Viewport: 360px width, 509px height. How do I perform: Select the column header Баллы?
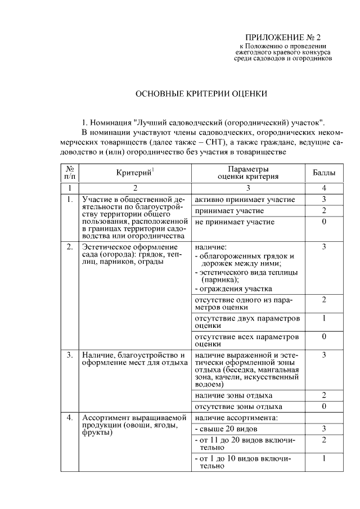pos(324,173)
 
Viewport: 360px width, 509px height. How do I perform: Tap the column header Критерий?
pos(135,173)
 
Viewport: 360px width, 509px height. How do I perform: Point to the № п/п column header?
pos(70,173)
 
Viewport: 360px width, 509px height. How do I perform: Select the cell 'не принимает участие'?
pos(235,222)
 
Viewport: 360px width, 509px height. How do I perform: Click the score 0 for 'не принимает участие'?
pos(324,222)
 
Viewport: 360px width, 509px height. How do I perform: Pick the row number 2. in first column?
pos(70,247)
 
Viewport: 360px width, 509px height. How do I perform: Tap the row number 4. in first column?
pos(70,418)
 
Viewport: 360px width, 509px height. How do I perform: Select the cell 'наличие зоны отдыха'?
pos(233,395)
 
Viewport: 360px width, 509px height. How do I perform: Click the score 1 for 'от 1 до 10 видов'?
pos(324,459)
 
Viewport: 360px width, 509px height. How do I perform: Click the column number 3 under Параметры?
pos(247,188)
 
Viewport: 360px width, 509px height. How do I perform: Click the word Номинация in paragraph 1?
pos(110,122)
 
